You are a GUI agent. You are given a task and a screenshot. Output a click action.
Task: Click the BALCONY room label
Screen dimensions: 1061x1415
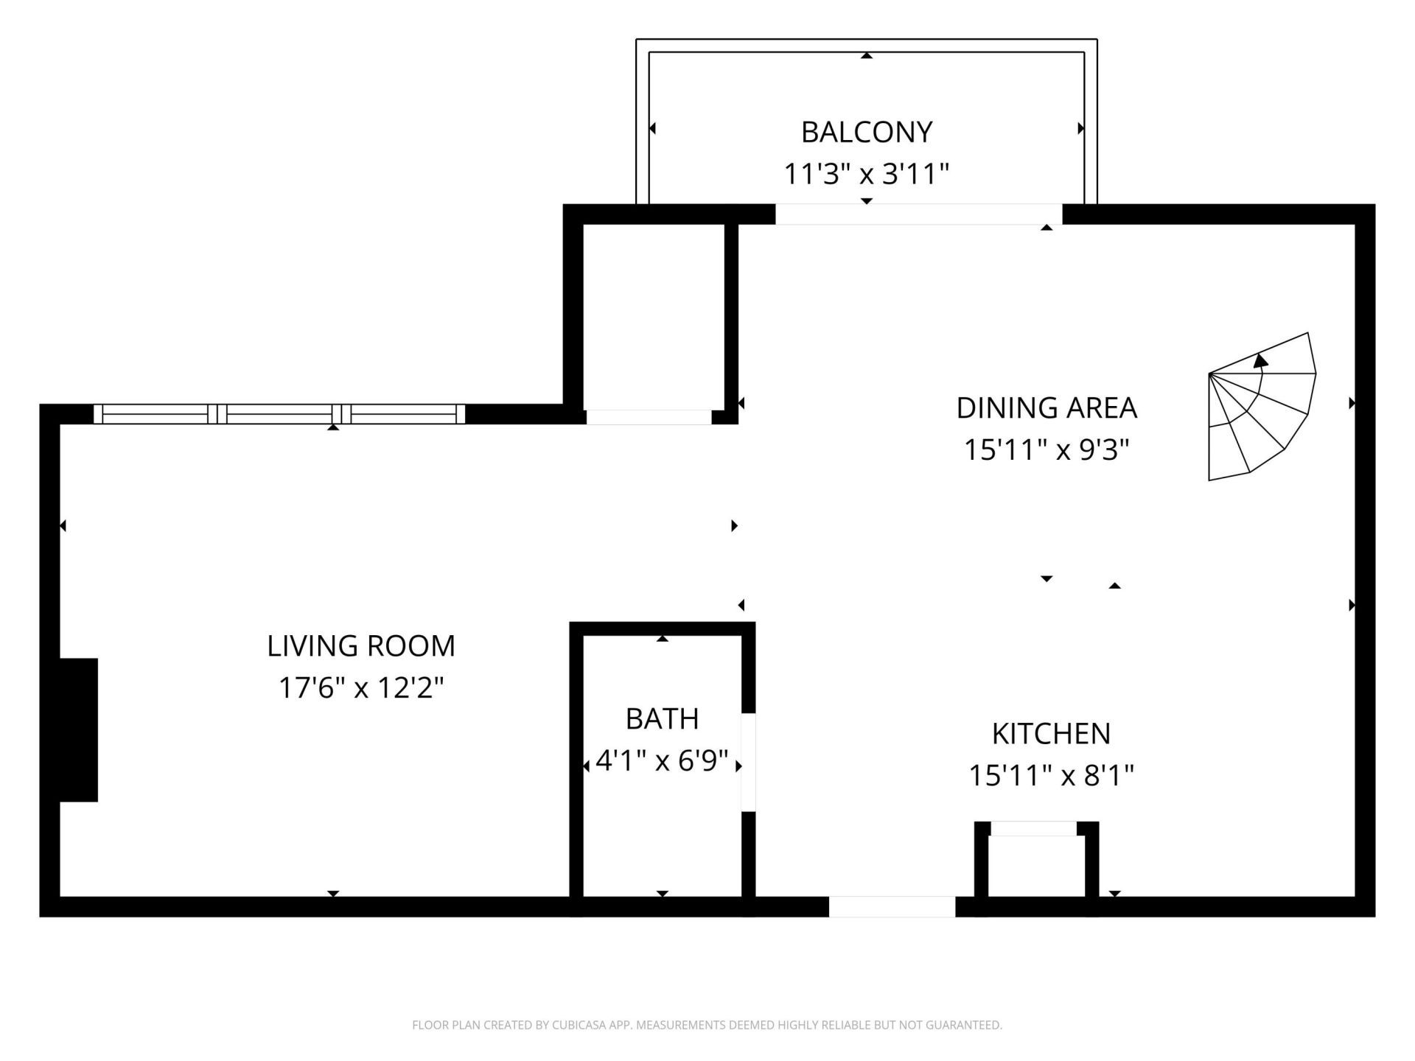[866, 133]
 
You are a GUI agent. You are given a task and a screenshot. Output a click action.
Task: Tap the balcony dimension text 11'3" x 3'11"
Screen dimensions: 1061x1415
[866, 175]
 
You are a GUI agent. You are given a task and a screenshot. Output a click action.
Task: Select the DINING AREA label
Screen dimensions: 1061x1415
[1047, 408]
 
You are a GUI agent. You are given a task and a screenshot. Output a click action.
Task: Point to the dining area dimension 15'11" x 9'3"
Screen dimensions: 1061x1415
[1047, 449]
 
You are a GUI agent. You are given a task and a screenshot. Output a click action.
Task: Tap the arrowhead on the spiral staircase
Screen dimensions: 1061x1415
[1261, 361]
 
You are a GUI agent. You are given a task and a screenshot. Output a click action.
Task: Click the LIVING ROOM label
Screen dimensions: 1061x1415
[361, 646]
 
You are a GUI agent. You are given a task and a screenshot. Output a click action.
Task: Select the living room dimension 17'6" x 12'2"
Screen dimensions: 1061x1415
[361, 688]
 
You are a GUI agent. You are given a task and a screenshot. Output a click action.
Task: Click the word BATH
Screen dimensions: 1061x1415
[662, 719]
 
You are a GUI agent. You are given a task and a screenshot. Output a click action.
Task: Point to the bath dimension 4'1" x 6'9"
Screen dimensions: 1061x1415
[662, 760]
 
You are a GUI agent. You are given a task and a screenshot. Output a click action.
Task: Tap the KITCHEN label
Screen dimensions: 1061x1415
[1051, 734]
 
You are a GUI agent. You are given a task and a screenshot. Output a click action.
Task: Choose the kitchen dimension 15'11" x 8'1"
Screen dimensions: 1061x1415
[1051, 775]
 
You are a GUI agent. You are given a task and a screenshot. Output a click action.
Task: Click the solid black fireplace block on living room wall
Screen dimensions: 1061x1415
[78, 729]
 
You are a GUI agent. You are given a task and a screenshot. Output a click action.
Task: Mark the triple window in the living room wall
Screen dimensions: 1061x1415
[279, 414]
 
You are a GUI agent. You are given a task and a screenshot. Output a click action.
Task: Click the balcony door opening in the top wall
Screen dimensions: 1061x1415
[918, 214]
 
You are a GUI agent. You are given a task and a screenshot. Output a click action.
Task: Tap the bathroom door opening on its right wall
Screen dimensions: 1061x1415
[748, 763]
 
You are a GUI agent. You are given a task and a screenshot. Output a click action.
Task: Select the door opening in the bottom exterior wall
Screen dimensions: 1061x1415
[892, 907]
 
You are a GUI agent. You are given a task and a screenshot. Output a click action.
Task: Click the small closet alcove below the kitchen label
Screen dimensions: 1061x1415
[1035, 866]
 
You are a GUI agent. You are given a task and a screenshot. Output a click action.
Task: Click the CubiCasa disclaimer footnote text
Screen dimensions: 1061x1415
[707, 1025]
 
